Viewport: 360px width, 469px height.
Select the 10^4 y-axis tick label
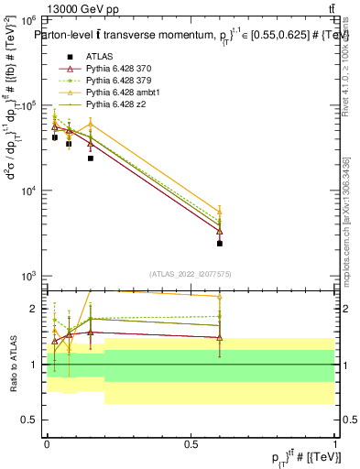tap(28, 191)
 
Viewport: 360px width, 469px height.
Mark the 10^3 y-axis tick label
tap(28, 276)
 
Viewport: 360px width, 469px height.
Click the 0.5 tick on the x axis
tap(191, 443)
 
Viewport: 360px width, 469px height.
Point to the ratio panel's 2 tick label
tap(35, 309)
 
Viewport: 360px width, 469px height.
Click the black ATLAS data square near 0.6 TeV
tap(220, 244)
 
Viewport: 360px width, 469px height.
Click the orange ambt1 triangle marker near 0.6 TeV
tap(220, 211)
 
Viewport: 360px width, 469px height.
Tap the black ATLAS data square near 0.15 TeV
tap(90, 158)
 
